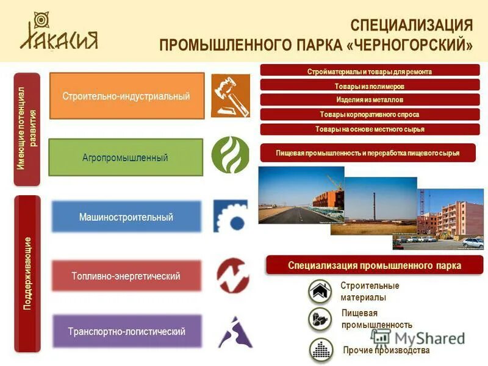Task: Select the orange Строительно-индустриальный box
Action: [126, 96]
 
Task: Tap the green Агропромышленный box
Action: [125, 157]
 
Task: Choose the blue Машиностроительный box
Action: [126, 217]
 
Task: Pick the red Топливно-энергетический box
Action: [126, 276]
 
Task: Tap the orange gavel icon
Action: [230, 95]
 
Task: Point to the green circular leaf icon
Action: [230, 154]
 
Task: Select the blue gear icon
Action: [230, 215]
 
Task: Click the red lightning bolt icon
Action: [232, 275]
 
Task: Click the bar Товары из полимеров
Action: [370, 86]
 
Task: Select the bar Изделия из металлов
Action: [370, 99]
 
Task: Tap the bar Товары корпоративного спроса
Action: [370, 114]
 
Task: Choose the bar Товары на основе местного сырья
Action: [370, 129]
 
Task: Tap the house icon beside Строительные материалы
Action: [320, 292]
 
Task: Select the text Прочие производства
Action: [386, 350]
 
